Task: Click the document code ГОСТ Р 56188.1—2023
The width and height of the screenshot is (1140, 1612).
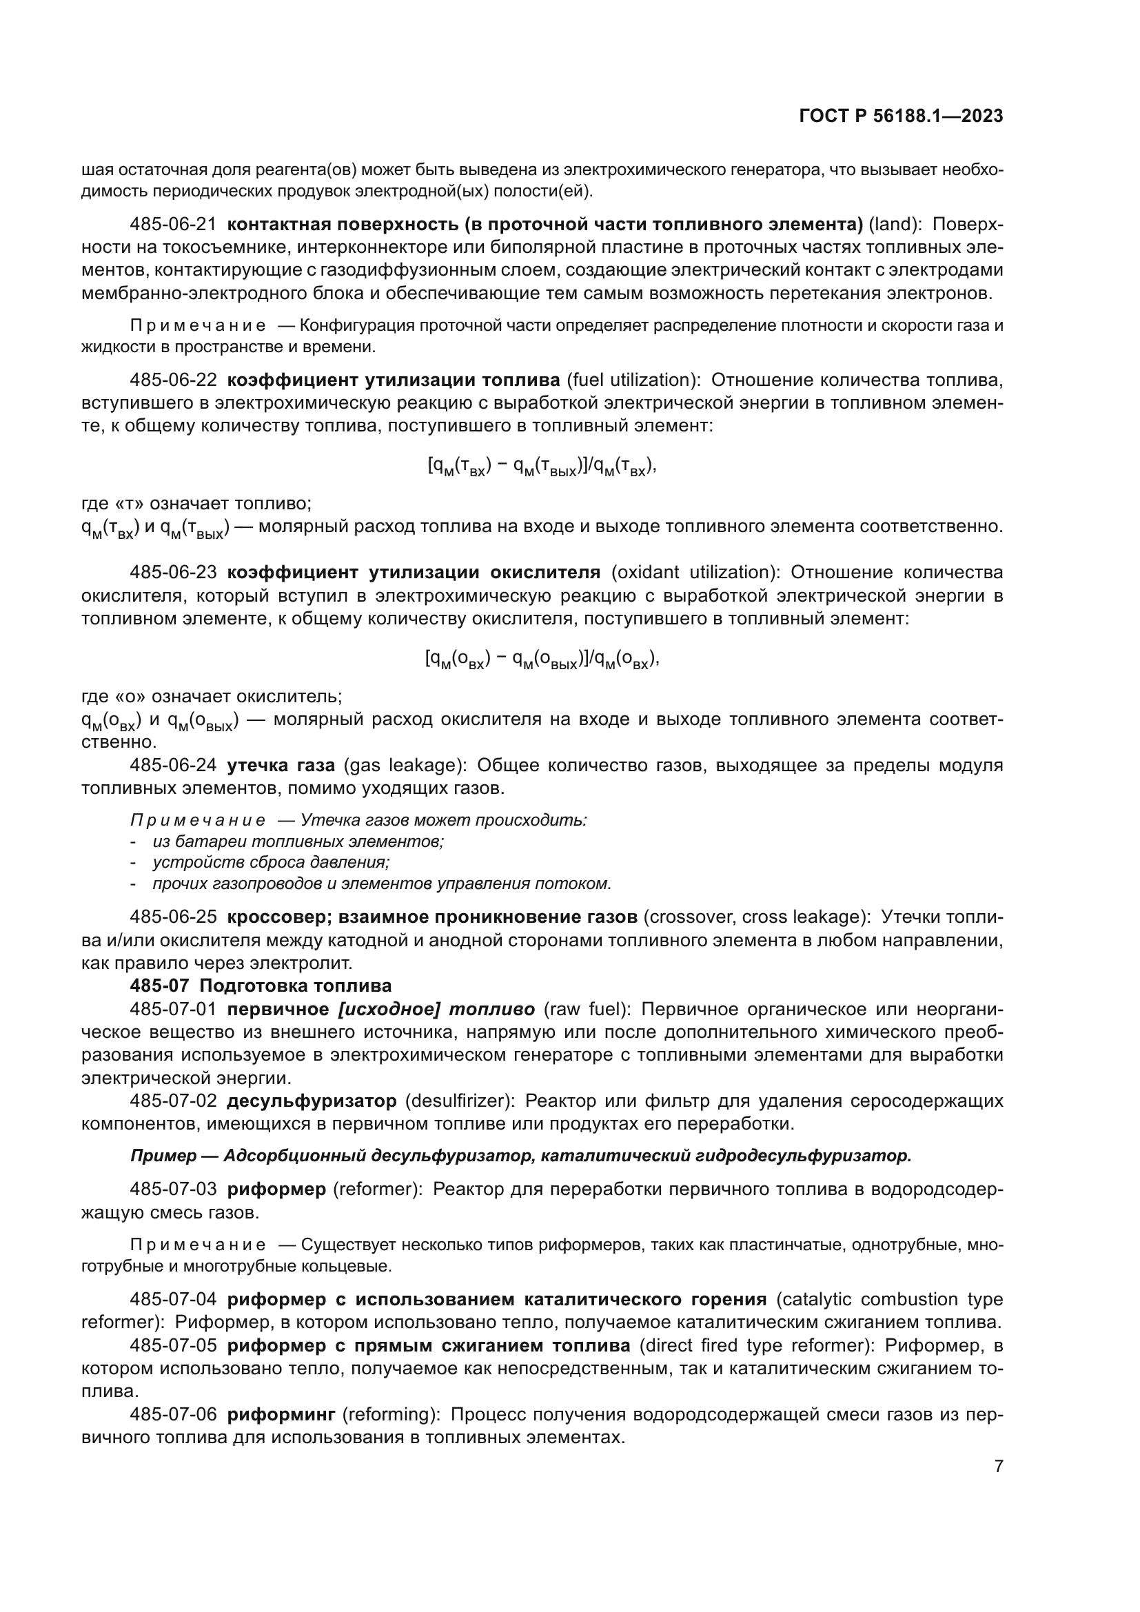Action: (901, 116)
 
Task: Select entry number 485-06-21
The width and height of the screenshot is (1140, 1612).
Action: (173, 225)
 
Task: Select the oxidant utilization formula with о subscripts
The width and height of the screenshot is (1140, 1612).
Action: (541, 660)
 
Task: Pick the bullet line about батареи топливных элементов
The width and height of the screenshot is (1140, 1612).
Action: (298, 841)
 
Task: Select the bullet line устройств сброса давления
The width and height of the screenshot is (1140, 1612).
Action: (271, 862)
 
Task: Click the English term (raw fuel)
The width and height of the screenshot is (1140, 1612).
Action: (587, 1010)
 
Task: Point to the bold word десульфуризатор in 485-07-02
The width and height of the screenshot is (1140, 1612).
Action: (312, 1101)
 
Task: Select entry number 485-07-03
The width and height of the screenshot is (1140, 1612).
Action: (173, 1190)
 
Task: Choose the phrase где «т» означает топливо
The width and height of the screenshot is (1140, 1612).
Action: (196, 503)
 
